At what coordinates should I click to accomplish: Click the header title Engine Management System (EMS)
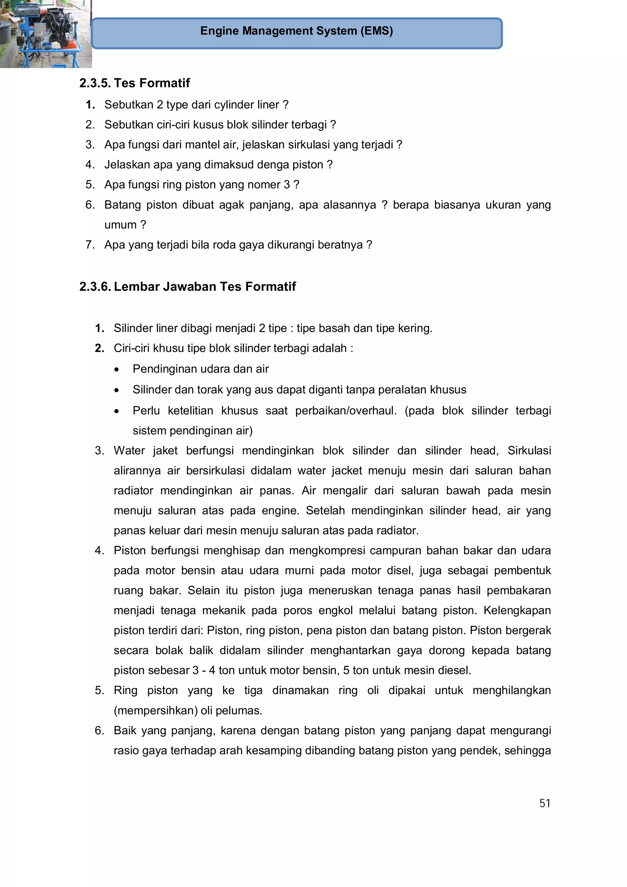click(x=296, y=31)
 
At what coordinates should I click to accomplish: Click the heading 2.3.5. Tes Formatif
click(x=134, y=83)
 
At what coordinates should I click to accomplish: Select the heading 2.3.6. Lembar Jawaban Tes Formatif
click(x=187, y=286)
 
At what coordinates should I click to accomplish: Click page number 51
click(x=544, y=803)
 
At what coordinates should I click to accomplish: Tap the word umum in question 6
click(x=120, y=225)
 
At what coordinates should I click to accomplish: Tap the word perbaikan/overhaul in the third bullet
click(x=346, y=410)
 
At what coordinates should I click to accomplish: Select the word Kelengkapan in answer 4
click(x=517, y=611)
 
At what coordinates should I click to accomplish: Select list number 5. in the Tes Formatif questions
click(x=90, y=185)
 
